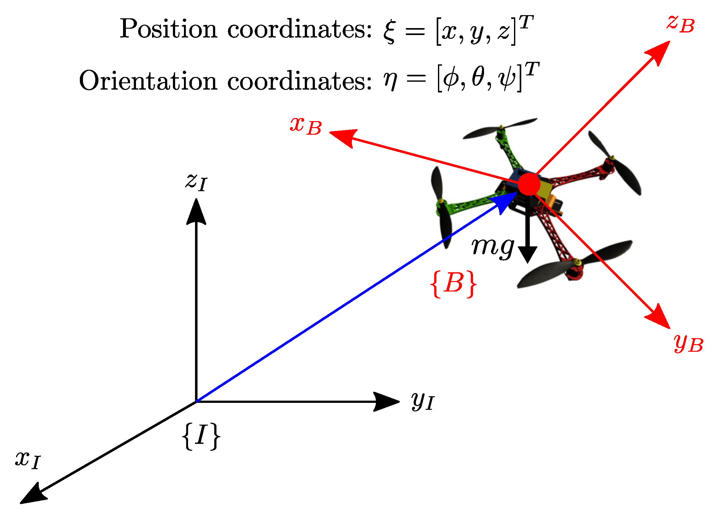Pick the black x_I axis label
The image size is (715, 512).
click(28, 460)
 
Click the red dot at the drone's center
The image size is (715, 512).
click(529, 184)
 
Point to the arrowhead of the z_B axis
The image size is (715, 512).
click(659, 52)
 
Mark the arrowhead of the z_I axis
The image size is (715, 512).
click(196, 211)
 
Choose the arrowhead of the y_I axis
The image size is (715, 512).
click(387, 402)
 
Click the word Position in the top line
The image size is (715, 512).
click(168, 29)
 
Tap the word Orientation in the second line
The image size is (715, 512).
click(148, 81)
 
